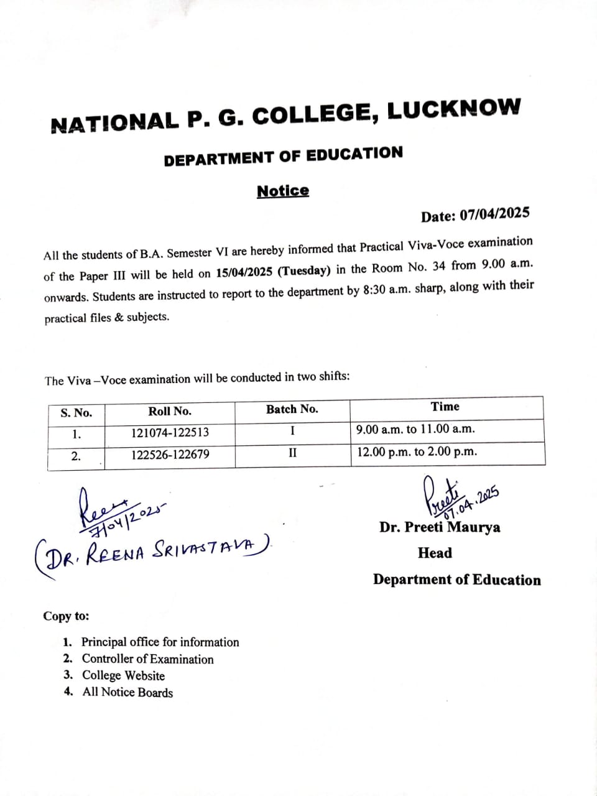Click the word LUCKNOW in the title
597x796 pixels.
coord(453,109)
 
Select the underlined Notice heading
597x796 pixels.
coord(283,191)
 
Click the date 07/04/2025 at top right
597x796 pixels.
coord(494,214)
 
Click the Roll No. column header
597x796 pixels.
coord(170,411)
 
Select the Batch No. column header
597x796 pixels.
coord(292,409)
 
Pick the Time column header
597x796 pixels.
coord(445,407)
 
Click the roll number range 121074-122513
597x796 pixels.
coord(170,432)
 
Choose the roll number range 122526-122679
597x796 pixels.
coord(170,455)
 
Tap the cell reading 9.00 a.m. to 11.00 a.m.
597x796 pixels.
coord(415,429)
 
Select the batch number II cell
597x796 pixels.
coord(292,453)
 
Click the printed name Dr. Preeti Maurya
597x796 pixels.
coord(440,527)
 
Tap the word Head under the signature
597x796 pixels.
coord(435,553)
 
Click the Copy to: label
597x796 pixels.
coord(66,616)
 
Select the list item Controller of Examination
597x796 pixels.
coord(147,659)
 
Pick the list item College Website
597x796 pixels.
coord(123,676)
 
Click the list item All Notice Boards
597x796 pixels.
coord(127,693)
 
